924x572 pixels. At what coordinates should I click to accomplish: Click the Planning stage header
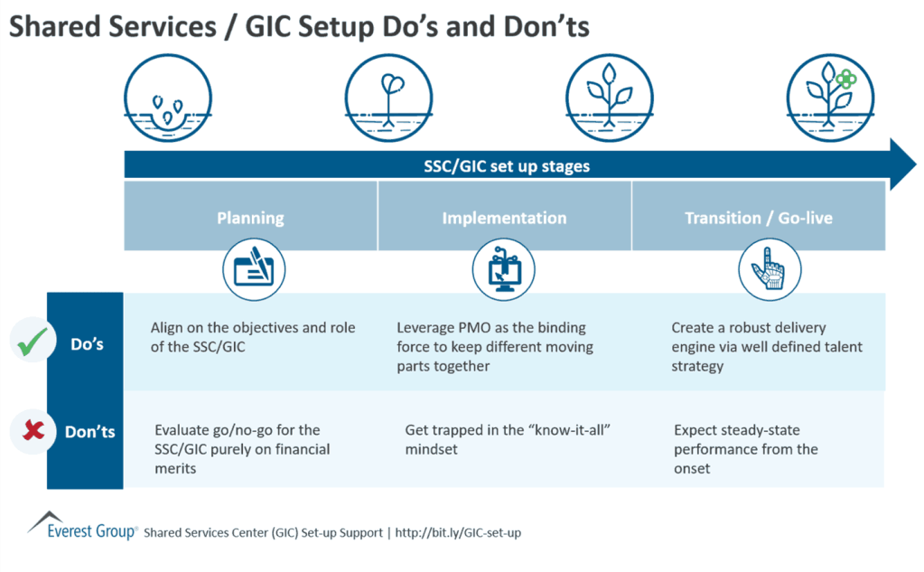point(250,218)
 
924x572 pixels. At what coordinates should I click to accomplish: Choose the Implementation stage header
point(504,218)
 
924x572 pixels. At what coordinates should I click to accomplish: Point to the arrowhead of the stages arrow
point(903,165)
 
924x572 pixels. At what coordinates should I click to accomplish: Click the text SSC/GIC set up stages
point(507,166)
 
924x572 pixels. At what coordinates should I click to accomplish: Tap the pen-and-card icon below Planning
point(253,267)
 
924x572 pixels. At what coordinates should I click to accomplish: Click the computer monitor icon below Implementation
point(504,268)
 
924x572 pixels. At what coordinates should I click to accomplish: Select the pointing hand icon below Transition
point(769,268)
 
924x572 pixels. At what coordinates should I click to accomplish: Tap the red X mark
point(34,431)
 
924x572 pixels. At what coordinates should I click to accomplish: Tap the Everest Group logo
point(82,526)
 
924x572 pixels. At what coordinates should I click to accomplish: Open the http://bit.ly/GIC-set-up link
point(457,533)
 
